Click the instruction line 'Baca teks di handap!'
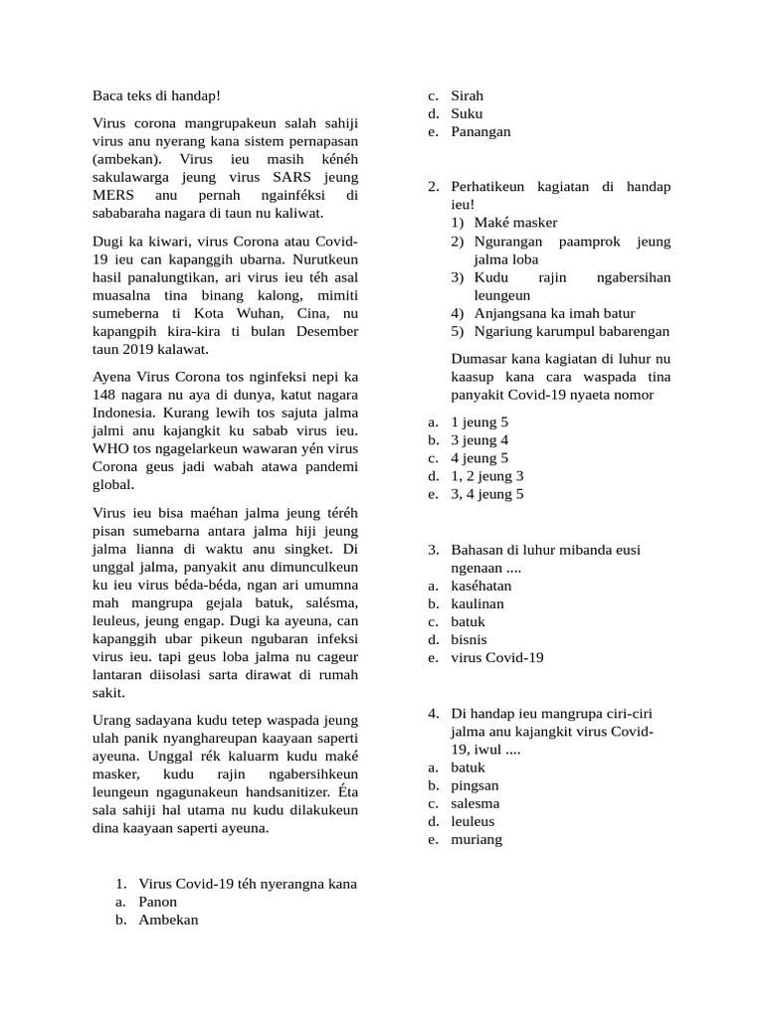[156, 96]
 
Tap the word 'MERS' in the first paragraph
[115, 195]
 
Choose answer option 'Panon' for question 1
[158, 902]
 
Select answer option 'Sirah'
[467, 96]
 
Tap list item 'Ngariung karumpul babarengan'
[571, 331]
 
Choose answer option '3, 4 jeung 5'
[487, 494]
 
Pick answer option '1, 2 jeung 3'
[487, 476]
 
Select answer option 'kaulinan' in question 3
[477, 603]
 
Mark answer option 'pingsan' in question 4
[475, 785]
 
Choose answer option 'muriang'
[477, 839]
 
